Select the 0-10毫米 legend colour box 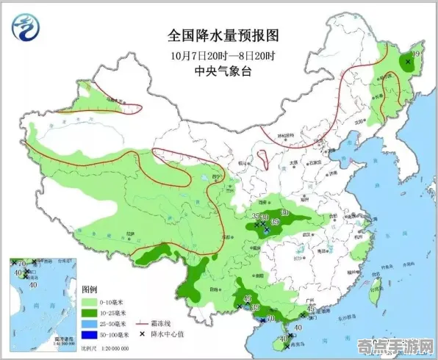pyautogui.click(x=89, y=301)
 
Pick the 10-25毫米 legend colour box pyautogui.click(x=89, y=312)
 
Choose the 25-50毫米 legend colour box pyautogui.click(x=89, y=323)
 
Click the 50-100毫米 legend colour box pyautogui.click(x=89, y=334)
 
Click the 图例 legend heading pyautogui.click(x=89, y=289)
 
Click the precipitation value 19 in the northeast pyautogui.click(x=416, y=54)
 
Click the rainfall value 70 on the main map pyautogui.click(x=270, y=318)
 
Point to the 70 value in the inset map pyautogui.click(x=21, y=263)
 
